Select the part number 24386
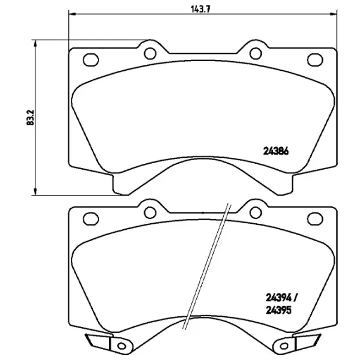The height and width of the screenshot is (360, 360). click(x=277, y=151)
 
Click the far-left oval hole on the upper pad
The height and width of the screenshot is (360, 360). click(x=91, y=59)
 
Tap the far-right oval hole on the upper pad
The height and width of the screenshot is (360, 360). click(x=315, y=59)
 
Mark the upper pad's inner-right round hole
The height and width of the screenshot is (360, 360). click(x=254, y=52)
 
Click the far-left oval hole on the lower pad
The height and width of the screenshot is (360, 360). click(x=91, y=218)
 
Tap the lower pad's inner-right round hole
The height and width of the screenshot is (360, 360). click(x=254, y=211)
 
